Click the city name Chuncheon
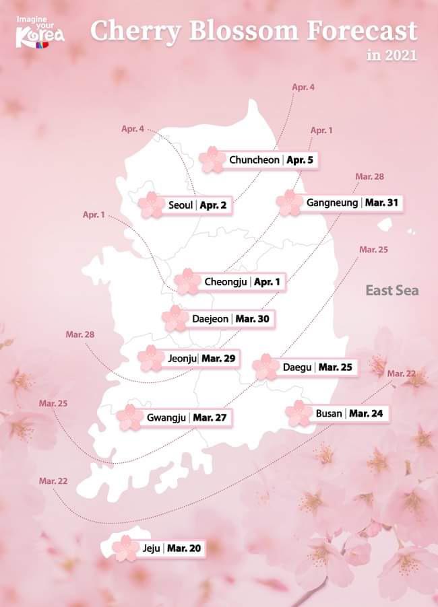255,160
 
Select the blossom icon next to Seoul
151,205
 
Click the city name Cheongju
226,281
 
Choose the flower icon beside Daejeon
176,318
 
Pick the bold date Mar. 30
253,318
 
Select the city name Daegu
297,367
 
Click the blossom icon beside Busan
299,413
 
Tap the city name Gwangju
166,417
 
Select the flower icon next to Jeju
125,548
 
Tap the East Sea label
392,291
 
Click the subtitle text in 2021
392,55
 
